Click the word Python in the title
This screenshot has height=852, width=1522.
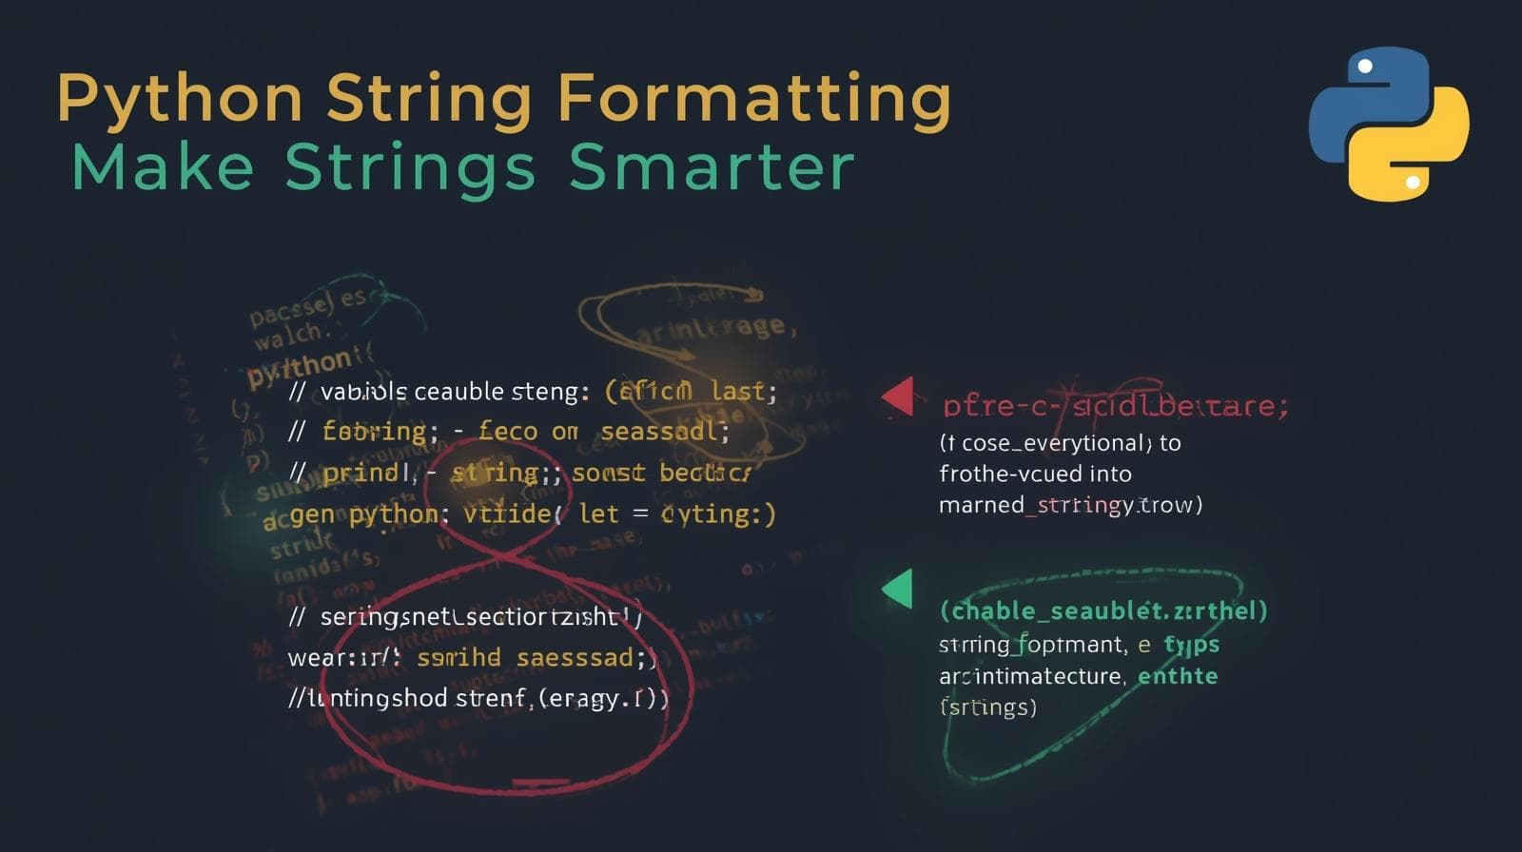(x=179, y=99)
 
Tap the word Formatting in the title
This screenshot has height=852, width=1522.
(x=753, y=99)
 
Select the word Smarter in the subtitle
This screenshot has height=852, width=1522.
(x=712, y=167)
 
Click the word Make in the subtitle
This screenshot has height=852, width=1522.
(x=163, y=167)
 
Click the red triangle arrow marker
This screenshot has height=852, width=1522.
(x=898, y=397)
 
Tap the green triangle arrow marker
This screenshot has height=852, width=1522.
(x=898, y=589)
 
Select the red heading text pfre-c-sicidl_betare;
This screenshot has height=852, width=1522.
(x=1115, y=406)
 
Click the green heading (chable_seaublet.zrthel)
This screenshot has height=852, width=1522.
(x=1103, y=610)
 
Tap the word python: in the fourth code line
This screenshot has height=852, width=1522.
(x=399, y=514)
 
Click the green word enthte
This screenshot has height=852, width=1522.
(x=1178, y=676)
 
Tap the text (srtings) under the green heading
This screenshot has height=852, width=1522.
(x=987, y=707)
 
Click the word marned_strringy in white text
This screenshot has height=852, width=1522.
(x=1036, y=505)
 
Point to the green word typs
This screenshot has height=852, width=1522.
(x=1191, y=645)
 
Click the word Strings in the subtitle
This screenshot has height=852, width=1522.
(x=410, y=167)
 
